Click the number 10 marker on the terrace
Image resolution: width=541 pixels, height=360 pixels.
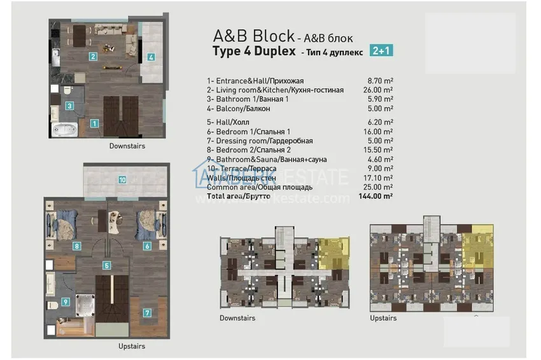(x=122, y=180)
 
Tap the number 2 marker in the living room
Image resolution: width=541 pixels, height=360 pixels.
(x=93, y=57)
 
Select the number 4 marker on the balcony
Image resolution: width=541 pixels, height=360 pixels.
(x=151, y=57)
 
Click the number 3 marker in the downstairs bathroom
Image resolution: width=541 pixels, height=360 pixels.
(x=70, y=106)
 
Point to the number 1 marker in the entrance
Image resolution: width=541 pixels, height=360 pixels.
(x=94, y=123)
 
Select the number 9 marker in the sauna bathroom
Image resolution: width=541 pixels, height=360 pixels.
(x=64, y=302)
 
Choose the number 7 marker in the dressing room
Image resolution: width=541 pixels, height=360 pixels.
(x=147, y=313)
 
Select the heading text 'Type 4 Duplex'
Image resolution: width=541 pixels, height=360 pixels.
(x=253, y=52)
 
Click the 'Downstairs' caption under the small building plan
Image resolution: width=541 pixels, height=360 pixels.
(x=237, y=317)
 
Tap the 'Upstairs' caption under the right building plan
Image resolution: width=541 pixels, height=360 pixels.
(x=383, y=318)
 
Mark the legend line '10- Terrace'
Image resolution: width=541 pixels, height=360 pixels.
(x=243, y=169)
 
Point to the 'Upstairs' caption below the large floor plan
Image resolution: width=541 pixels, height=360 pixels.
(x=132, y=346)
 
